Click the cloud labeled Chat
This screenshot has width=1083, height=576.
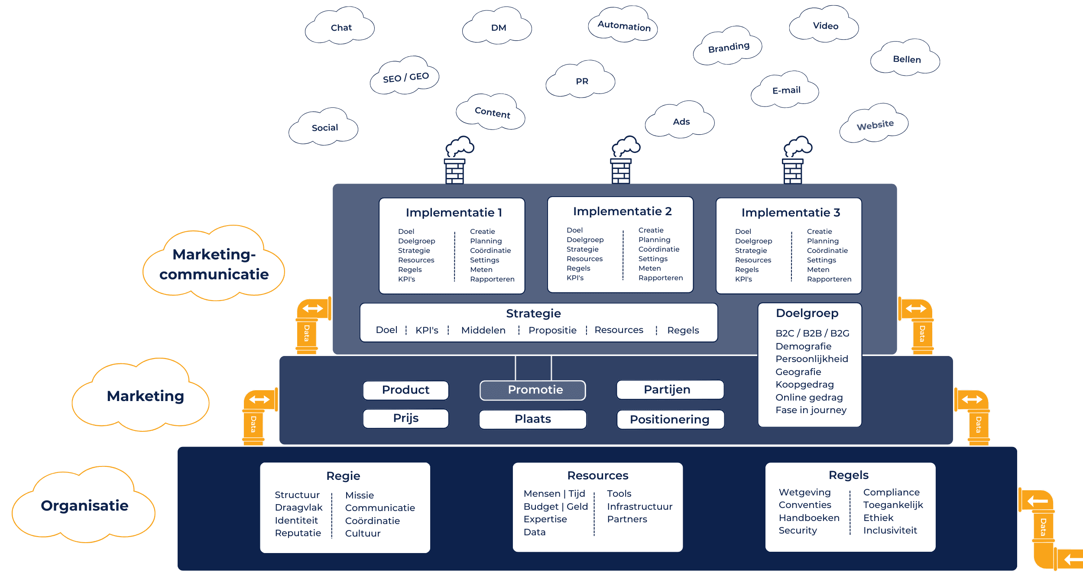click(340, 28)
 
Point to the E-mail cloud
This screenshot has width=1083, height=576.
click(786, 91)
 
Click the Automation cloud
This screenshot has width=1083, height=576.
click(624, 26)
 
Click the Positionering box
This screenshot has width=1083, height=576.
click(670, 419)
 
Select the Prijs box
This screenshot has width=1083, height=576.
click(405, 418)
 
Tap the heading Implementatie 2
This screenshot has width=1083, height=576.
click(622, 211)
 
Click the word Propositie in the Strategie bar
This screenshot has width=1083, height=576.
click(552, 330)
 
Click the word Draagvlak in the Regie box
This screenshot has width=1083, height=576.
click(298, 508)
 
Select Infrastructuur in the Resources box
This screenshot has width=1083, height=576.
click(639, 507)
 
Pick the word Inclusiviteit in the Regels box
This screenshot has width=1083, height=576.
click(890, 531)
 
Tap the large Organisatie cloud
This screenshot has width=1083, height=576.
click(84, 505)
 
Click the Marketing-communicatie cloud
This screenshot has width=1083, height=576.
click(214, 264)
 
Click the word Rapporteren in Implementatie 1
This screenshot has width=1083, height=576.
click(492, 279)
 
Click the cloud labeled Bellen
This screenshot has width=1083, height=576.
click(906, 59)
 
